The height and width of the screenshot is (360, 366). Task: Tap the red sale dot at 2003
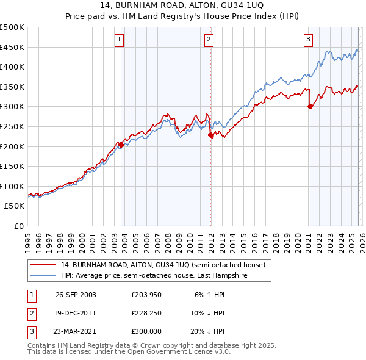point(121,145)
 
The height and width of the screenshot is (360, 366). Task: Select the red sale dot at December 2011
point(210,135)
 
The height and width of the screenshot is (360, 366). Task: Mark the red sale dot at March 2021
point(310,107)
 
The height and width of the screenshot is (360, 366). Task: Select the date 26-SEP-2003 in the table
point(76,295)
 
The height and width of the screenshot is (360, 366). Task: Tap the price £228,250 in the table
point(146,313)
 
